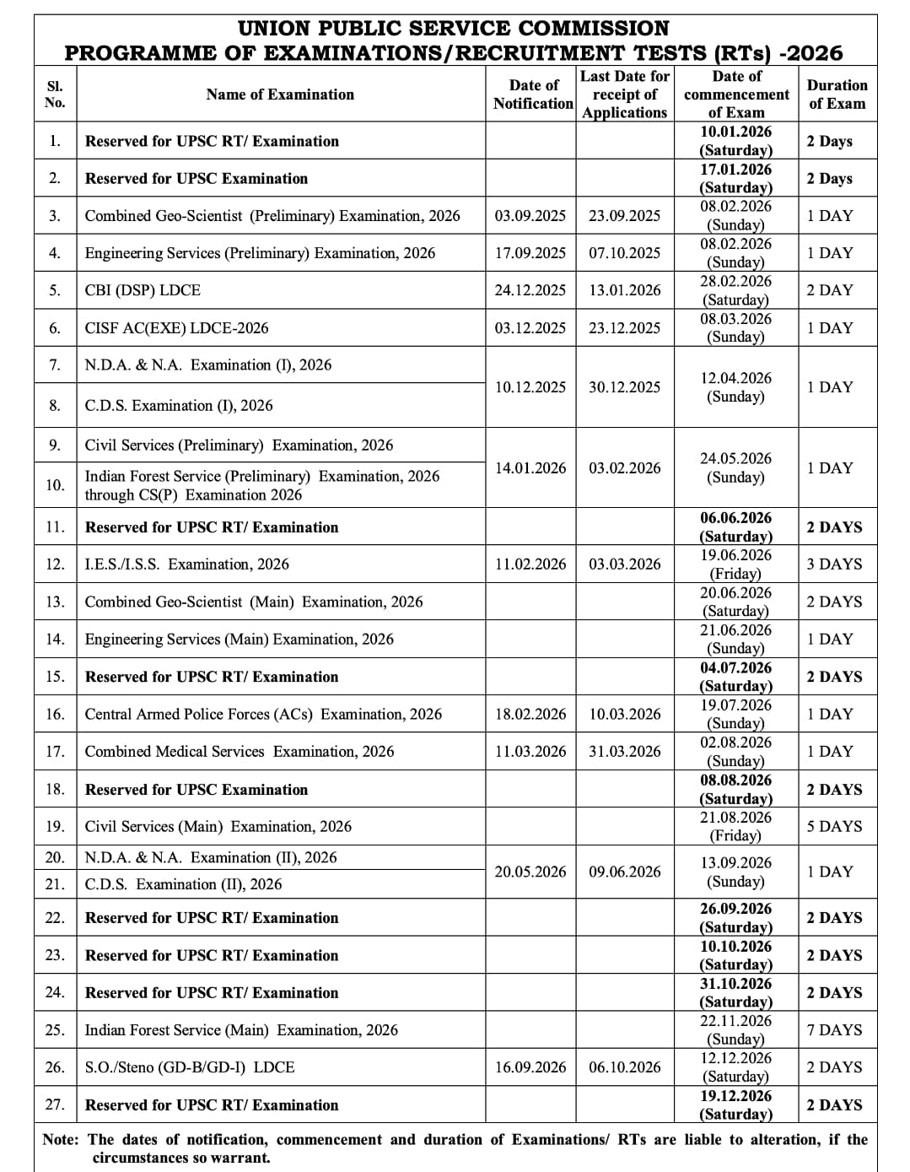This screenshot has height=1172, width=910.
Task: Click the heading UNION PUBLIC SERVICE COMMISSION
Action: [454, 29]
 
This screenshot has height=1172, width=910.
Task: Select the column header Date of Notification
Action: [533, 95]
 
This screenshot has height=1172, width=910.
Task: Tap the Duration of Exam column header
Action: [837, 95]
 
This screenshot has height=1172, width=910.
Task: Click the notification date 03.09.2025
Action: [530, 216]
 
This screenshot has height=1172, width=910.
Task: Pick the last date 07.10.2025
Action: [624, 253]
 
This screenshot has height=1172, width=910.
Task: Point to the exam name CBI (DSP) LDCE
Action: [143, 290]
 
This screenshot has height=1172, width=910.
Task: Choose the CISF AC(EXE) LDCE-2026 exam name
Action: [176, 328]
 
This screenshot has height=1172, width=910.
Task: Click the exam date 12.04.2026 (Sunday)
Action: [736, 387]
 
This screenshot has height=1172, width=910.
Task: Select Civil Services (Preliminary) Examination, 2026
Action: [239, 446]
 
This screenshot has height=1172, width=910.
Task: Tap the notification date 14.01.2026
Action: [530, 468]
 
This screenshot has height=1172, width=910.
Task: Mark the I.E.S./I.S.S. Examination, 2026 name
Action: [186, 564]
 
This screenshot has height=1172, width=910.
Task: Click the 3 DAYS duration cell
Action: [834, 564]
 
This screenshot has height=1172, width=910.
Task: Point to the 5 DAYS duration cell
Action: [834, 827]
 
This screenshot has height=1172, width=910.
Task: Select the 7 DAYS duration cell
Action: [834, 1030]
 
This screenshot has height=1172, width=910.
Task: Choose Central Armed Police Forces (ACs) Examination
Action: [263, 715]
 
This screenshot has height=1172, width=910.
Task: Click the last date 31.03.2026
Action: [624, 752]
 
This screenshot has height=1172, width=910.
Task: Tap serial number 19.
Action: [55, 827]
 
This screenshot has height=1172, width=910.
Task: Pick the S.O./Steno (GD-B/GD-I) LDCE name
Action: [190, 1067]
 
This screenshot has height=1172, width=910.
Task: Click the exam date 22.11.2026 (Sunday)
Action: [736, 1030]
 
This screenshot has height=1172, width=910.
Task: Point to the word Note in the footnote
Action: [59, 1140]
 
